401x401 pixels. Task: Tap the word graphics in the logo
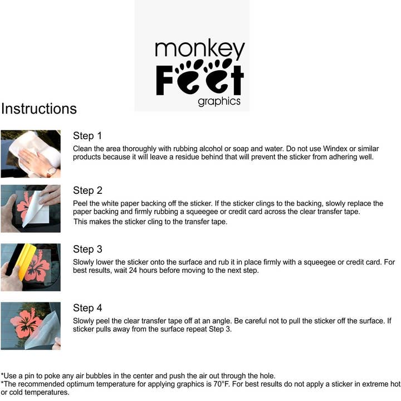click(219, 101)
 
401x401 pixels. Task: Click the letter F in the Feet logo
click(164, 80)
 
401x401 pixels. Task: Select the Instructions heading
click(39, 109)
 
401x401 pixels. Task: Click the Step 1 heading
click(87, 136)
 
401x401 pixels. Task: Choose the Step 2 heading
click(88, 190)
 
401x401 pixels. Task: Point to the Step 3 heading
click(88, 250)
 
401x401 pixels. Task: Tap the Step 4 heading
click(88, 308)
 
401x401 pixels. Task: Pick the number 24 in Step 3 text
click(133, 270)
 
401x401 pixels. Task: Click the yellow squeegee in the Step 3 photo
click(25, 260)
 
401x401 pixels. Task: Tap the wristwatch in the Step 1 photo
click(52, 172)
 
